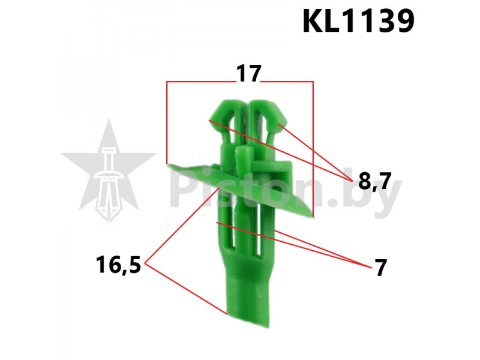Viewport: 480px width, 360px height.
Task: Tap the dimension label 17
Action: (248, 74)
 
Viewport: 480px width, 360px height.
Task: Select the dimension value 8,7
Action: (374, 181)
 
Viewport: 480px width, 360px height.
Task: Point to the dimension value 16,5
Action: (118, 265)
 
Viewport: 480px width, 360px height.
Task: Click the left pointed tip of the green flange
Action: (169, 166)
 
